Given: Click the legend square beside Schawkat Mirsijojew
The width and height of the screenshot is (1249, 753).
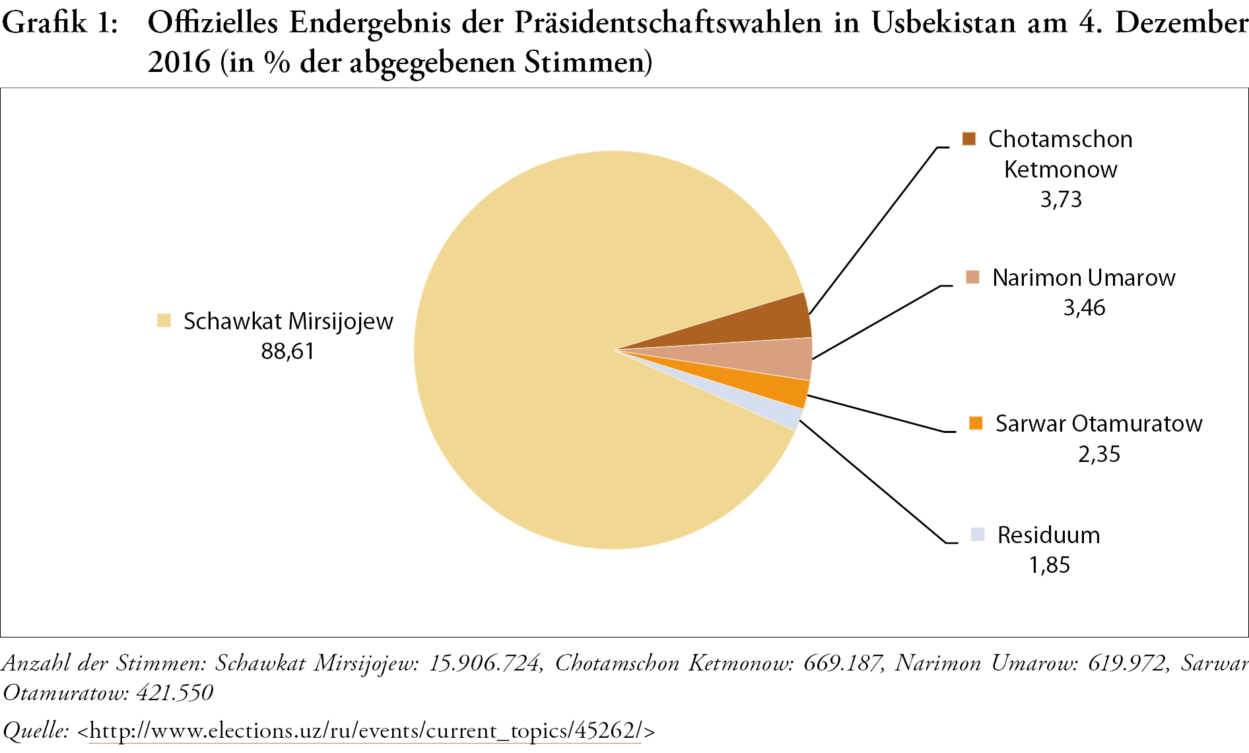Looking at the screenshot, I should [164, 321].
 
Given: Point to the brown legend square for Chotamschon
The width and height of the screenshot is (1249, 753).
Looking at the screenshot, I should [968, 139].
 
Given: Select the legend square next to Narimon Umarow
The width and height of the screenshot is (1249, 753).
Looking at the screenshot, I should [972, 277].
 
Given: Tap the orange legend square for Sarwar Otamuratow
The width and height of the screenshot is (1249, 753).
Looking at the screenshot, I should [976, 423].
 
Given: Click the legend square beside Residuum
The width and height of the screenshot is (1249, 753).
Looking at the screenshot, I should [978, 535].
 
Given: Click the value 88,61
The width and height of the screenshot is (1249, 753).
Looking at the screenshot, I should [287, 351].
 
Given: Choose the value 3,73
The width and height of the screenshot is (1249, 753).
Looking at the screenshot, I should [1061, 199].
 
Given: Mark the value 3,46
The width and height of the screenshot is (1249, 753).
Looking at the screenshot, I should [1084, 308].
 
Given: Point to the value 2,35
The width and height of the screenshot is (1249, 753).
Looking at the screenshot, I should [1099, 454].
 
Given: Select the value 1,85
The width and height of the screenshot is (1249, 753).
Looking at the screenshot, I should [1049, 565].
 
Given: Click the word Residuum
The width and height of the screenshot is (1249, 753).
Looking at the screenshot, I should [1048, 535].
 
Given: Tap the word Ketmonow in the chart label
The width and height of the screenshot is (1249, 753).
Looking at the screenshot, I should [1060, 170].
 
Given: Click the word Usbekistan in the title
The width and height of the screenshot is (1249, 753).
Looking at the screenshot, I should [945, 23].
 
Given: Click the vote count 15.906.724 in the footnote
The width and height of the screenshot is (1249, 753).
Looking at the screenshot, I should [485, 663].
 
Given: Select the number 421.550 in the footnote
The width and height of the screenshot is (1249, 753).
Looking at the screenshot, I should [174, 692].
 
